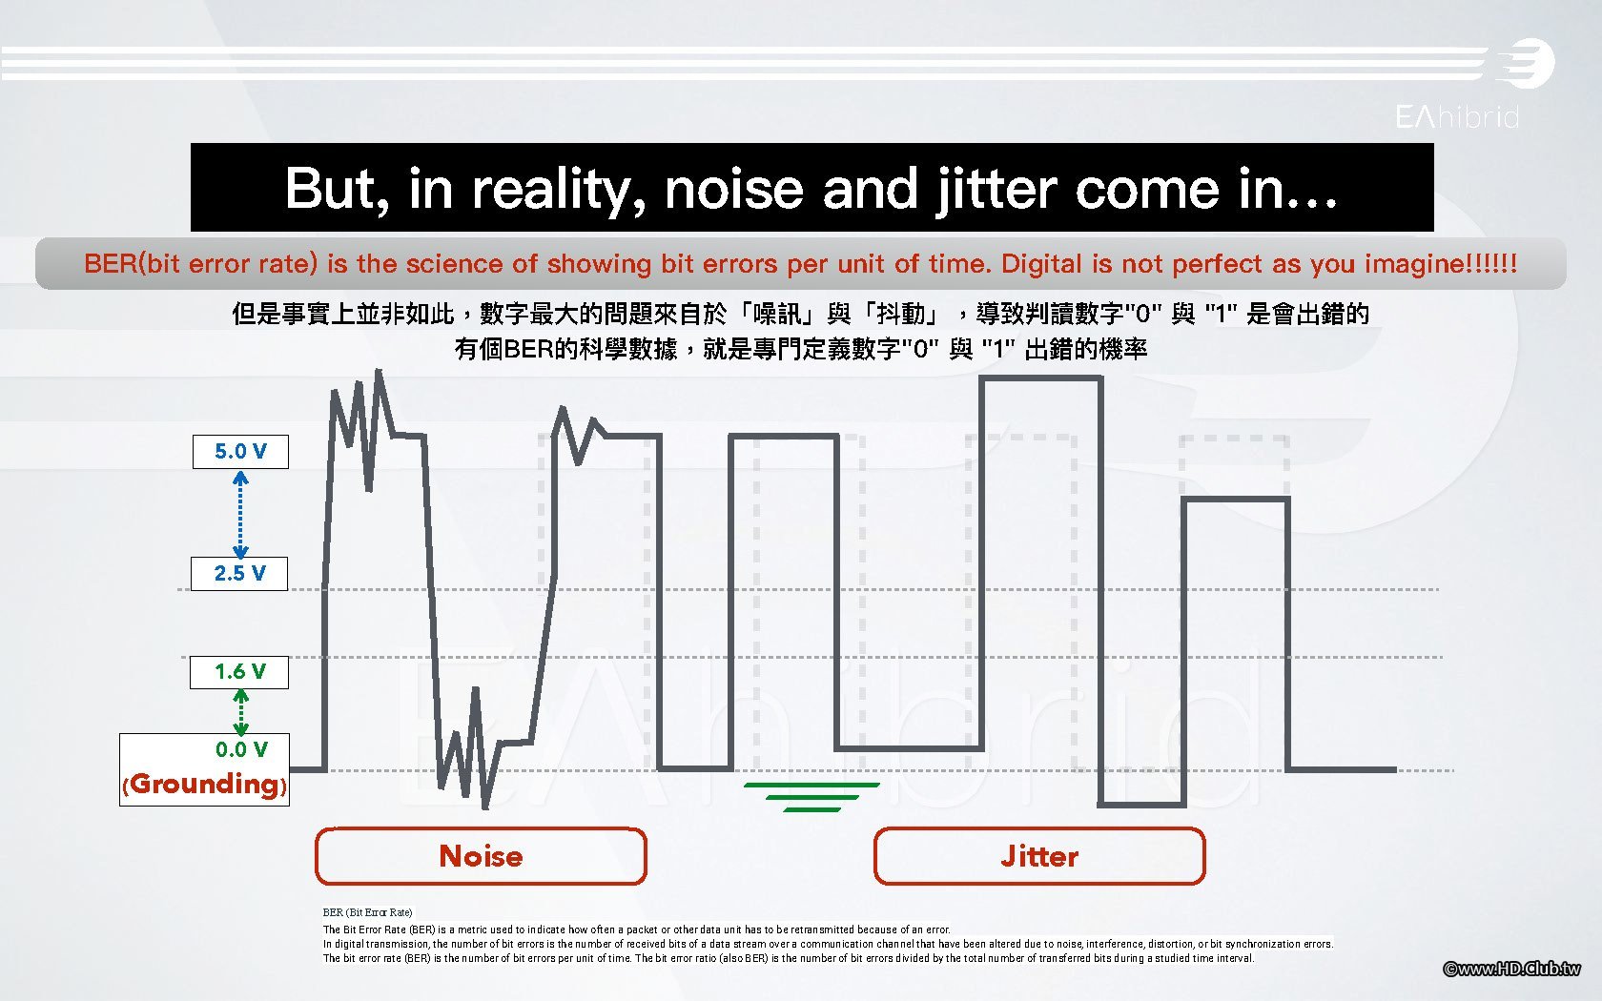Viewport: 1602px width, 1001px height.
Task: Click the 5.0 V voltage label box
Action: [240, 452]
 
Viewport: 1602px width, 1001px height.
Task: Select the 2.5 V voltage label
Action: [239, 574]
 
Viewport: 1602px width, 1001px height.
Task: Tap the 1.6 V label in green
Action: [239, 672]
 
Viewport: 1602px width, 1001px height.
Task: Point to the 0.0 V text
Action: [242, 749]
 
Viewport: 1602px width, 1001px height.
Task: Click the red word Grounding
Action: [204, 784]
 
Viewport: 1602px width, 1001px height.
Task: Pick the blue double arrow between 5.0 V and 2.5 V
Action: [240, 514]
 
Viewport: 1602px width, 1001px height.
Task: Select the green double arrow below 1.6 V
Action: [241, 712]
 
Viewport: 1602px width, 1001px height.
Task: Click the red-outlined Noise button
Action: [481, 856]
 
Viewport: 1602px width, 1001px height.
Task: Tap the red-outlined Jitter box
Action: [1039, 856]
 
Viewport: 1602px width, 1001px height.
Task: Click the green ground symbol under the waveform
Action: [811, 797]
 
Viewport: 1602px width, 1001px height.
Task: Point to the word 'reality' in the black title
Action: [559, 191]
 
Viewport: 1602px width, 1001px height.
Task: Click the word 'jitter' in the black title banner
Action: [996, 191]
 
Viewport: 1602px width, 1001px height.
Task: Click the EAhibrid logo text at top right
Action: [1457, 116]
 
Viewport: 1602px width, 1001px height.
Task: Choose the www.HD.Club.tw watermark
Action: [1511, 969]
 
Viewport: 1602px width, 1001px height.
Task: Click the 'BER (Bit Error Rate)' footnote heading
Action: [368, 912]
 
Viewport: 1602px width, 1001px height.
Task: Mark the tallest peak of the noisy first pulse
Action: [379, 370]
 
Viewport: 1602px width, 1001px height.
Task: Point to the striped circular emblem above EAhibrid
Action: [1527, 63]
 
